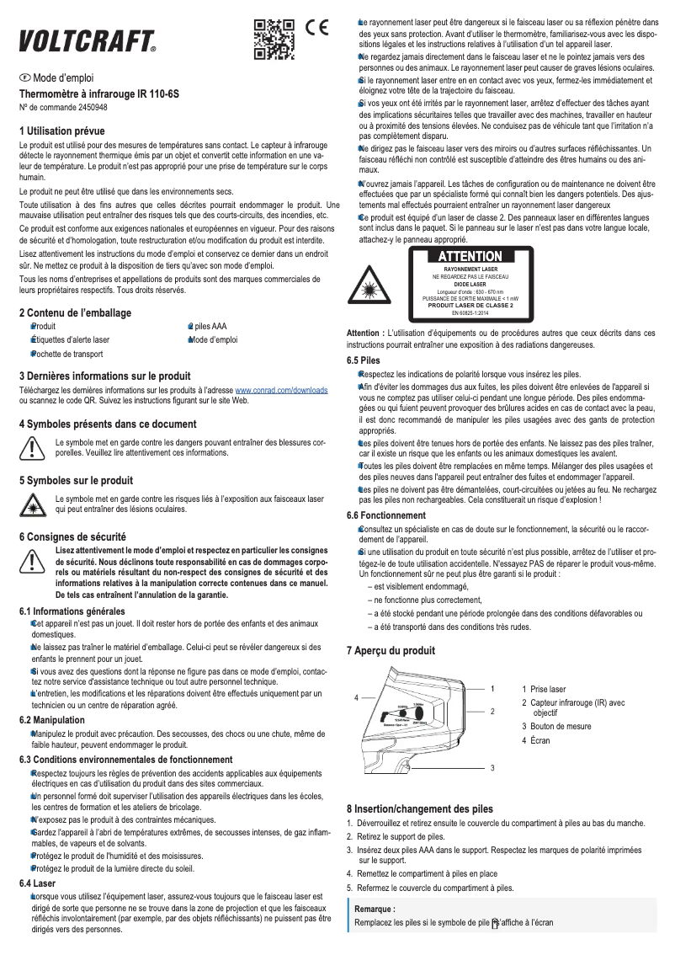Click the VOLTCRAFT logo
(x=88, y=40)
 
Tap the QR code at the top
(x=274, y=39)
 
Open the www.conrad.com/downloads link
(x=281, y=392)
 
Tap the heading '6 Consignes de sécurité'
(x=72, y=536)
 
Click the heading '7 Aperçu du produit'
(x=391, y=650)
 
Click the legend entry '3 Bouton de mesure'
(x=555, y=727)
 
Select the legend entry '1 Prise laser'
(x=544, y=689)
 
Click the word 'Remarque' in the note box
(x=375, y=910)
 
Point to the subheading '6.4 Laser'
(x=37, y=883)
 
